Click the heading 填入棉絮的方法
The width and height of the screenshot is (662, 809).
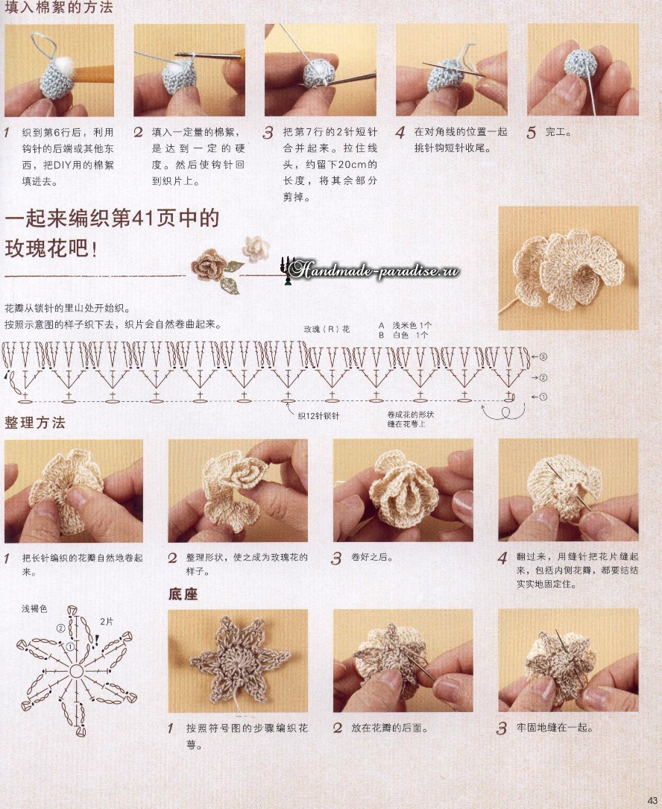58,7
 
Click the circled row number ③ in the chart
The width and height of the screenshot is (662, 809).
543,356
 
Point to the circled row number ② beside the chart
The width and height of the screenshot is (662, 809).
543,378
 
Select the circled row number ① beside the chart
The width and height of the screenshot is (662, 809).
543,397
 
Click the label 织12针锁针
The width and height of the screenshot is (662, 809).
318,416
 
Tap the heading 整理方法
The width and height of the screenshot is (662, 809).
34,423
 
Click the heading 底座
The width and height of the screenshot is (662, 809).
183,594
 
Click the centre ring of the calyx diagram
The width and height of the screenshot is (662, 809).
76,671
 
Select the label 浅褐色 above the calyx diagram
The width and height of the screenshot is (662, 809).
34,609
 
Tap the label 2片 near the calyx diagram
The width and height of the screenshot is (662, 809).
107,622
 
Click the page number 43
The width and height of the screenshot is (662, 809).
651,801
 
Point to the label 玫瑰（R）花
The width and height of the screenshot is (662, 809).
327,329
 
